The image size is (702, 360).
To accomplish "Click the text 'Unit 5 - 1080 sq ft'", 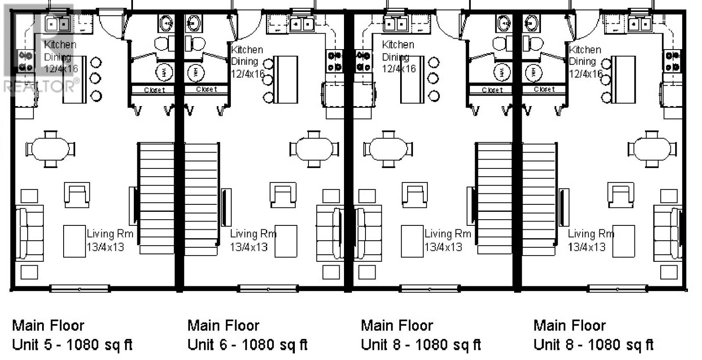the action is (x=72, y=345).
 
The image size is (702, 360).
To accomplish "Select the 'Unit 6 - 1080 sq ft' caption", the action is (x=247, y=345).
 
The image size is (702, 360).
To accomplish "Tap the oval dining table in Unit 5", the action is (x=50, y=149).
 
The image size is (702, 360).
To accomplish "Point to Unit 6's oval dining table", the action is (x=314, y=149).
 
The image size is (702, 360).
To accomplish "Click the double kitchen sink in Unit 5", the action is (x=57, y=24).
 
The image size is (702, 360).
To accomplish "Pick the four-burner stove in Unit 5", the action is (x=26, y=61).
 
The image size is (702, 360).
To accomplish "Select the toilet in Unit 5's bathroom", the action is (x=165, y=43).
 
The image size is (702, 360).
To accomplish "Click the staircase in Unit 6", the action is (x=201, y=199).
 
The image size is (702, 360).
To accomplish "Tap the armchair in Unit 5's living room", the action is (x=77, y=195).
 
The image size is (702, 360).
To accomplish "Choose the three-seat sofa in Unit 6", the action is (x=330, y=233).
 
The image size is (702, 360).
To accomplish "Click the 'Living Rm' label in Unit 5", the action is (x=110, y=234).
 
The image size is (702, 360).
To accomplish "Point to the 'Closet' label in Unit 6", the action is (x=207, y=89).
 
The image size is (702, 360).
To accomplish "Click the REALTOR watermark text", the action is (x=41, y=86).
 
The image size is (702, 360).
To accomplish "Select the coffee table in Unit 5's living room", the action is (x=75, y=241).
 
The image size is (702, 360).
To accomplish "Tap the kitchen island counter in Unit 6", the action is (x=286, y=79).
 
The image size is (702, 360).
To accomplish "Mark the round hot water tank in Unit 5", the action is (x=165, y=72).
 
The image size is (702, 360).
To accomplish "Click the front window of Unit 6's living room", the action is (x=268, y=289).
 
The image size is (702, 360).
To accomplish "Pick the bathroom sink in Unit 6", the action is (x=194, y=23).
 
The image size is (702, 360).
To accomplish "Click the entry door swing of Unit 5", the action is (x=112, y=25).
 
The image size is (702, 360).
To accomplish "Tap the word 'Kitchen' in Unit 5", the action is (x=60, y=44).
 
